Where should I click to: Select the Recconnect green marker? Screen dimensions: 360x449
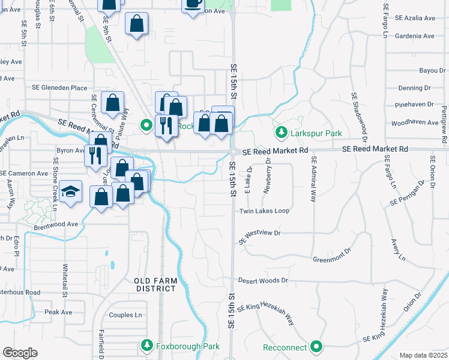316,346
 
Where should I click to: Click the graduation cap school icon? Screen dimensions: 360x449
71,192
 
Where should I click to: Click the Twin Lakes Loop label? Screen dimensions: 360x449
264,211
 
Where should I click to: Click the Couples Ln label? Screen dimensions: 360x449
125,315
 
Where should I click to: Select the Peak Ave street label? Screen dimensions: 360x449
58,312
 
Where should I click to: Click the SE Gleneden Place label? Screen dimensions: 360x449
59,88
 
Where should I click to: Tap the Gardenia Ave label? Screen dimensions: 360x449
414,36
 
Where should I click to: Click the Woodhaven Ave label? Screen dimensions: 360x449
415,122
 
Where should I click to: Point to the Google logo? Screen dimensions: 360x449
20,352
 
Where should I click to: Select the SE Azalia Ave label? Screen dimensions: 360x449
415,19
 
